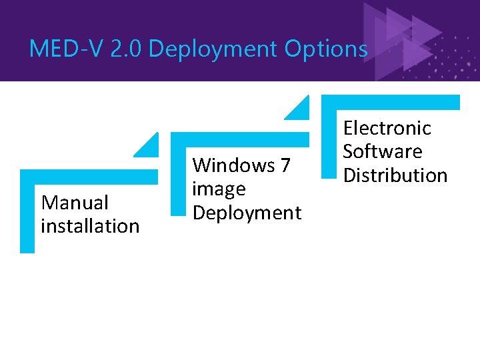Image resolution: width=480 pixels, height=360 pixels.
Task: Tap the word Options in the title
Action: [326, 49]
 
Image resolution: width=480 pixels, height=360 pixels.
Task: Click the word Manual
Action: [75, 202]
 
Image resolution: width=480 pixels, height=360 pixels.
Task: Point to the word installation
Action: [90, 226]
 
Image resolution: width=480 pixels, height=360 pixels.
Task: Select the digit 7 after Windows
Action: [285, 165]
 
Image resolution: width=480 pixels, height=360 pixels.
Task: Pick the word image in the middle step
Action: [219, 189]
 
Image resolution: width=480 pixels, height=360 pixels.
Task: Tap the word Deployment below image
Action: [247, 213]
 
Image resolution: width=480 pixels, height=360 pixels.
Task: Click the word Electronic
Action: [387, 127]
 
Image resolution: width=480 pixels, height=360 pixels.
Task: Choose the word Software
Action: [382, 151]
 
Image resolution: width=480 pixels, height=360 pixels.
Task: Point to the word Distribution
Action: [395, 175]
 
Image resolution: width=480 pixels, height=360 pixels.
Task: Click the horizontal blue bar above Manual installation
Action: [89, 177]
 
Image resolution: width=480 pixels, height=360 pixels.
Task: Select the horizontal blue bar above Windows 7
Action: [240, 139]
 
